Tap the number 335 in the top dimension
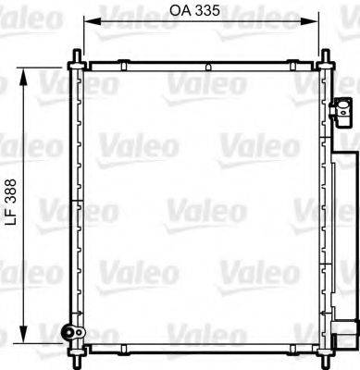tap(207, 12)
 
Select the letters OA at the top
tap(180, 12)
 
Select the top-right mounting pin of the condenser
tap(329, 60)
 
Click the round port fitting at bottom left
tap(66, 334)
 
